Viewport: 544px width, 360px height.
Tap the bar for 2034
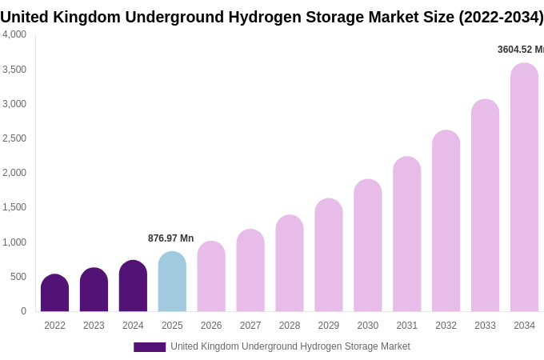click(x=524, y=187)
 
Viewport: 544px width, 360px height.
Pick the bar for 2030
click(x=368, y=246)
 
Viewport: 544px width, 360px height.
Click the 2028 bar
click(x=290, y=263)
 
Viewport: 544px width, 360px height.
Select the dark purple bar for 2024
click(x=133, y=286)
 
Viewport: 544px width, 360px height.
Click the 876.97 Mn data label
click(x=170, y=238)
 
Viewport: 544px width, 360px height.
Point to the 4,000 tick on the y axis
click(x=14, y=34)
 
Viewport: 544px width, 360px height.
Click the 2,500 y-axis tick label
click(x=14, y=138)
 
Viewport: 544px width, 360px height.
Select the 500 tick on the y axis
click(x=18, y=277)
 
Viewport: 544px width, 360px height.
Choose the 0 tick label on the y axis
click(x=23, y=311)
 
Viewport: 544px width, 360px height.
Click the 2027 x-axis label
click(x=250, y=326)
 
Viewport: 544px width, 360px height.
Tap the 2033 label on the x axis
click(x=485, y=326)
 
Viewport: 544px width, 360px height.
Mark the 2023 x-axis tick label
click(x=94, y=326)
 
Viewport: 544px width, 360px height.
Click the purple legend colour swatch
click(x=150, y=347)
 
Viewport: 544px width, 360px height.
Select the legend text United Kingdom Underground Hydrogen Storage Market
click(x=290, y=346)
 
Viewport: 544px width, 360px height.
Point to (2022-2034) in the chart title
click(x=500, y=17)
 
